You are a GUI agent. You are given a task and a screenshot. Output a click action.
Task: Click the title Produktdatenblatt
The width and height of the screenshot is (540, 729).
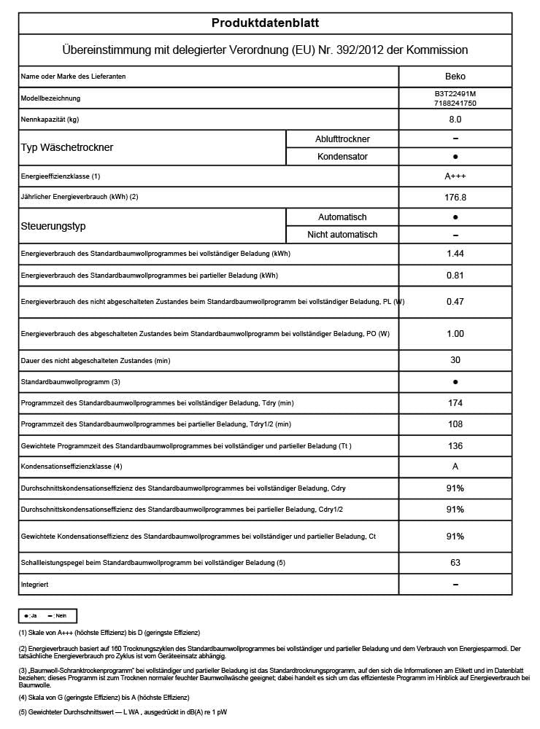[265, 23]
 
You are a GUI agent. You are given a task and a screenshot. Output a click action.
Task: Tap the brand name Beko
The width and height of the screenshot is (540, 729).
[455, 76]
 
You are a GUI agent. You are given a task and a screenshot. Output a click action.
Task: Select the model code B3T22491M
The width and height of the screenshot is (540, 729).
[455, 94]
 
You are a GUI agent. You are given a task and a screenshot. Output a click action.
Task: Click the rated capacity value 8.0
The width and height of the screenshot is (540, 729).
[455, 119]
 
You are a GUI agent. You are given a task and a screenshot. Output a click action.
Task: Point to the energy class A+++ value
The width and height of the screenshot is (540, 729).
[455, 176]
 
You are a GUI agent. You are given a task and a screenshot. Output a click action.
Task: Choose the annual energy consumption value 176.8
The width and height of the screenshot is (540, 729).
[455, 196]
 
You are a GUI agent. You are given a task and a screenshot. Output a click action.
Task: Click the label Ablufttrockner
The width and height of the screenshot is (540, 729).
[342, 139]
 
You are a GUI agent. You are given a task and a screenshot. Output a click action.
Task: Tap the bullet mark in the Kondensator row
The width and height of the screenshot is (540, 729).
[455, 157]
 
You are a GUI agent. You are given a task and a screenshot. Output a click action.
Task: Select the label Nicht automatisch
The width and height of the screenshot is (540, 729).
[342, 235]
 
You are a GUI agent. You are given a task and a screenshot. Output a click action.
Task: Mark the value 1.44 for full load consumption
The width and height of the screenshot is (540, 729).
[455, 254]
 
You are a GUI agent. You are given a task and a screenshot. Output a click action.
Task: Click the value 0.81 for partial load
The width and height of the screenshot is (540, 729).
[455, 276]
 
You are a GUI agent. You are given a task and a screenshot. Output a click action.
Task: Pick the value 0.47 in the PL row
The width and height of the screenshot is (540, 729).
[455, 301]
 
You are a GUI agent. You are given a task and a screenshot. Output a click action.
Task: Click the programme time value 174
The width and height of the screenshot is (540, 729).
[455, 402]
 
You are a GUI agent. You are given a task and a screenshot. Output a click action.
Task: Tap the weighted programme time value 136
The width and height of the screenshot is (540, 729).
[455, 445]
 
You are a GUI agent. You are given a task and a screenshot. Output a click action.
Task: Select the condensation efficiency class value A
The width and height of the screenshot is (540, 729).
[455, 466]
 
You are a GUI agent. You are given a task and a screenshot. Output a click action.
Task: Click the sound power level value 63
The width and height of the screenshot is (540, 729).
[455, 563]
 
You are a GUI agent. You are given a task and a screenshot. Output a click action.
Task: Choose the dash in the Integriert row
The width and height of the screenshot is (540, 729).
[455, 585]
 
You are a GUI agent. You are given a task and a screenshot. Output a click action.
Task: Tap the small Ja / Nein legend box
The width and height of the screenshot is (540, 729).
[47, 616]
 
